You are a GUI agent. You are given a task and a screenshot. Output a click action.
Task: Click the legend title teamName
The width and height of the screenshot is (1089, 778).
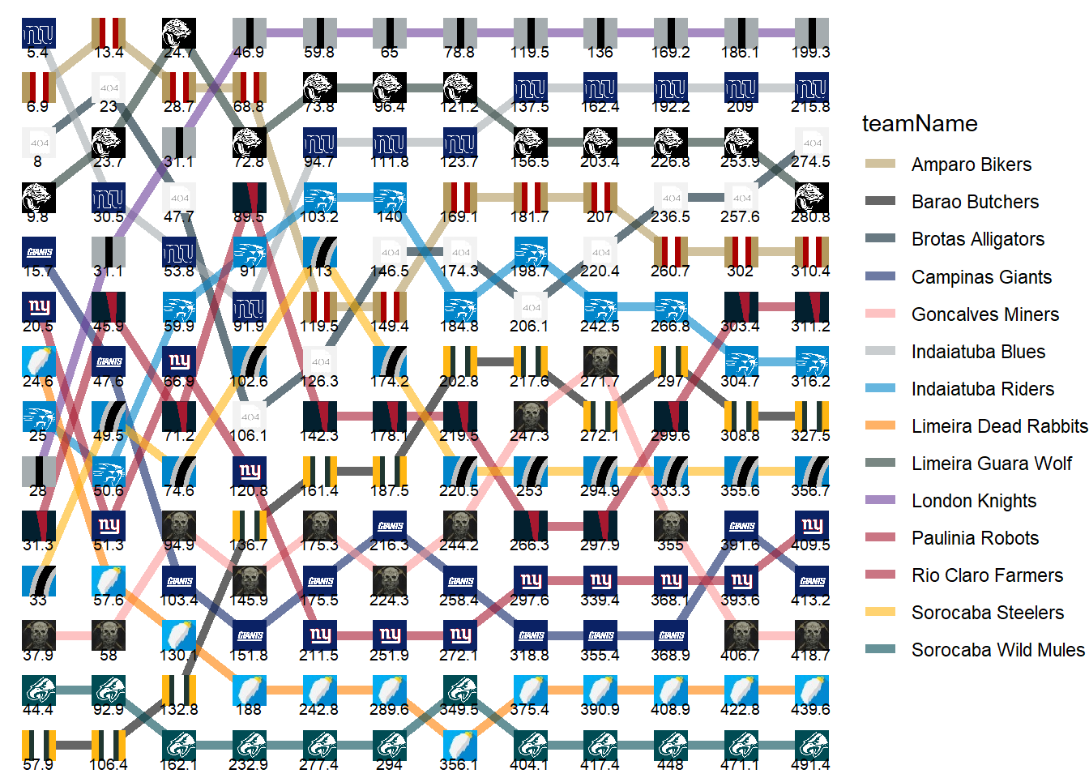point(920,124)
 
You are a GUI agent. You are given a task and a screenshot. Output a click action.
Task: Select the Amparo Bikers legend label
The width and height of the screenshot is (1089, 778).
point(972,165)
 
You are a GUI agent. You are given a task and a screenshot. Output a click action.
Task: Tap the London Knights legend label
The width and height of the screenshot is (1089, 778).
point(974,501)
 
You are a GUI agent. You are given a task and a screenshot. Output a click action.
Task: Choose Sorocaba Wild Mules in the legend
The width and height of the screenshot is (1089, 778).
point(997,650)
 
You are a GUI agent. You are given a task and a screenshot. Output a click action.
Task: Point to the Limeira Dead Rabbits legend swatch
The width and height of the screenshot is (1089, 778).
point(881,425)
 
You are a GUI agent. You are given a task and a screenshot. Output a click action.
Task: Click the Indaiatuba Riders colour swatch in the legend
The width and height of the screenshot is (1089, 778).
point(881,388)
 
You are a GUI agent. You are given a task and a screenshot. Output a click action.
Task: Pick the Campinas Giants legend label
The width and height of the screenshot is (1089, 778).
point(981,277)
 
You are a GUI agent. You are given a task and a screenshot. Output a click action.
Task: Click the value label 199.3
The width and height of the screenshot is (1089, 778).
point(810,53)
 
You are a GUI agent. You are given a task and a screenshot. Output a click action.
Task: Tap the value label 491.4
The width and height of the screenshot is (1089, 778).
point(810,764)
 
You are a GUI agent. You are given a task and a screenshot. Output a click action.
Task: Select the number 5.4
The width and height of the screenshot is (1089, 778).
point(37,53)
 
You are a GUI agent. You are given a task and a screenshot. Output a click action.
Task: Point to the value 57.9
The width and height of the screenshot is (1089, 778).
point(37,764)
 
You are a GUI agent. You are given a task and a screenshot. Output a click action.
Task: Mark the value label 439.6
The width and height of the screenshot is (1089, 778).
point(810,709)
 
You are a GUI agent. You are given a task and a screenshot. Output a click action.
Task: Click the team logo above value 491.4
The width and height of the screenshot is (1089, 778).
point(811,746)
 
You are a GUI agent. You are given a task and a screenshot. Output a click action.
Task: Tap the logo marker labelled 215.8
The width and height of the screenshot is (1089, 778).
point(811,88)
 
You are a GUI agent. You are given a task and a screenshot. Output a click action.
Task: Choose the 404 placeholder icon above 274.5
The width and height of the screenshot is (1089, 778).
point(811,143)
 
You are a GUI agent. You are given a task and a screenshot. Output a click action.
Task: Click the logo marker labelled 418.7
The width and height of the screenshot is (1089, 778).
point(811,636)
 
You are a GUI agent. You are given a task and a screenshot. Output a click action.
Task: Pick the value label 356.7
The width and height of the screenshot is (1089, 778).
point(810,490)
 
